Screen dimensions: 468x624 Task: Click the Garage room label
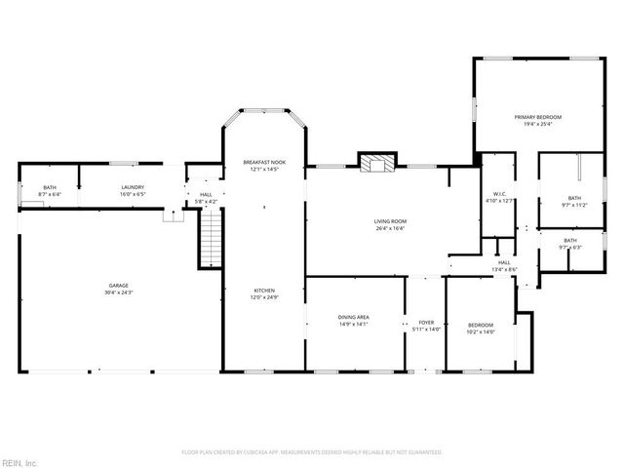[x=119, y=286]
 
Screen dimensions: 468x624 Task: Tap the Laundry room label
[x=133, y=187]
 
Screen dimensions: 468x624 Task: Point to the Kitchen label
[x=264, y=291]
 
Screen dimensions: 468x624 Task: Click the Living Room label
[x=390, y=221]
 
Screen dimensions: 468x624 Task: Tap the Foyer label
[x=426, y=323]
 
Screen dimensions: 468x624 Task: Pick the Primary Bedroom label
[x=538, y=117]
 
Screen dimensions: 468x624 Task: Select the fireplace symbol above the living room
[x=373, y=163]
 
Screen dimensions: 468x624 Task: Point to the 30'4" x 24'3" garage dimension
[x=119, y=292]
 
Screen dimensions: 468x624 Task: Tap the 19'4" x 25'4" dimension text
[x=538, y=124]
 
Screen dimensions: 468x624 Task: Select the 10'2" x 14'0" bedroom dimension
[x=480, y=332]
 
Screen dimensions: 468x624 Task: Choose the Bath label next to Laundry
[x=49, y=187]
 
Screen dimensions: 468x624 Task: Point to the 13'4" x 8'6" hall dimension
[x=504, y=269]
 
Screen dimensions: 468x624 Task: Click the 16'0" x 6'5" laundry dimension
[x=133, y=194]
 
